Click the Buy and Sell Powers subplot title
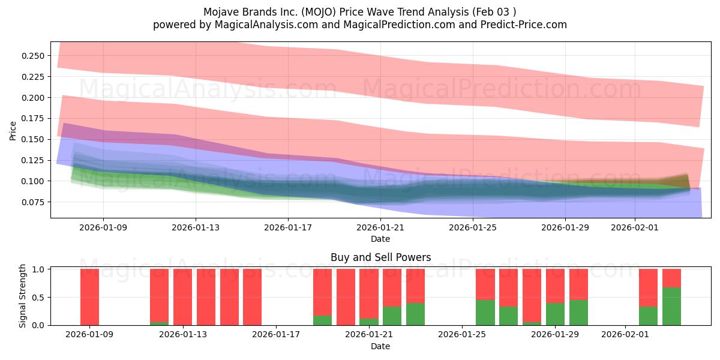coord(380,257)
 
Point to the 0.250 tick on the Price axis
coord(34,56)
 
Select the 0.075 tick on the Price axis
coord(34,202)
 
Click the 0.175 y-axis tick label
coord(34,119)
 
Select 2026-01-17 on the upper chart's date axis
coord(288,228)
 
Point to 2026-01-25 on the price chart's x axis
coord(473,228)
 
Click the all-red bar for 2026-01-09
coord(89,297)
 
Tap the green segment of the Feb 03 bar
coord(672,307)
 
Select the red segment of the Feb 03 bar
coord(672,278)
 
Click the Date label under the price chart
coord(380,239)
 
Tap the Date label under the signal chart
coord(380,346)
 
